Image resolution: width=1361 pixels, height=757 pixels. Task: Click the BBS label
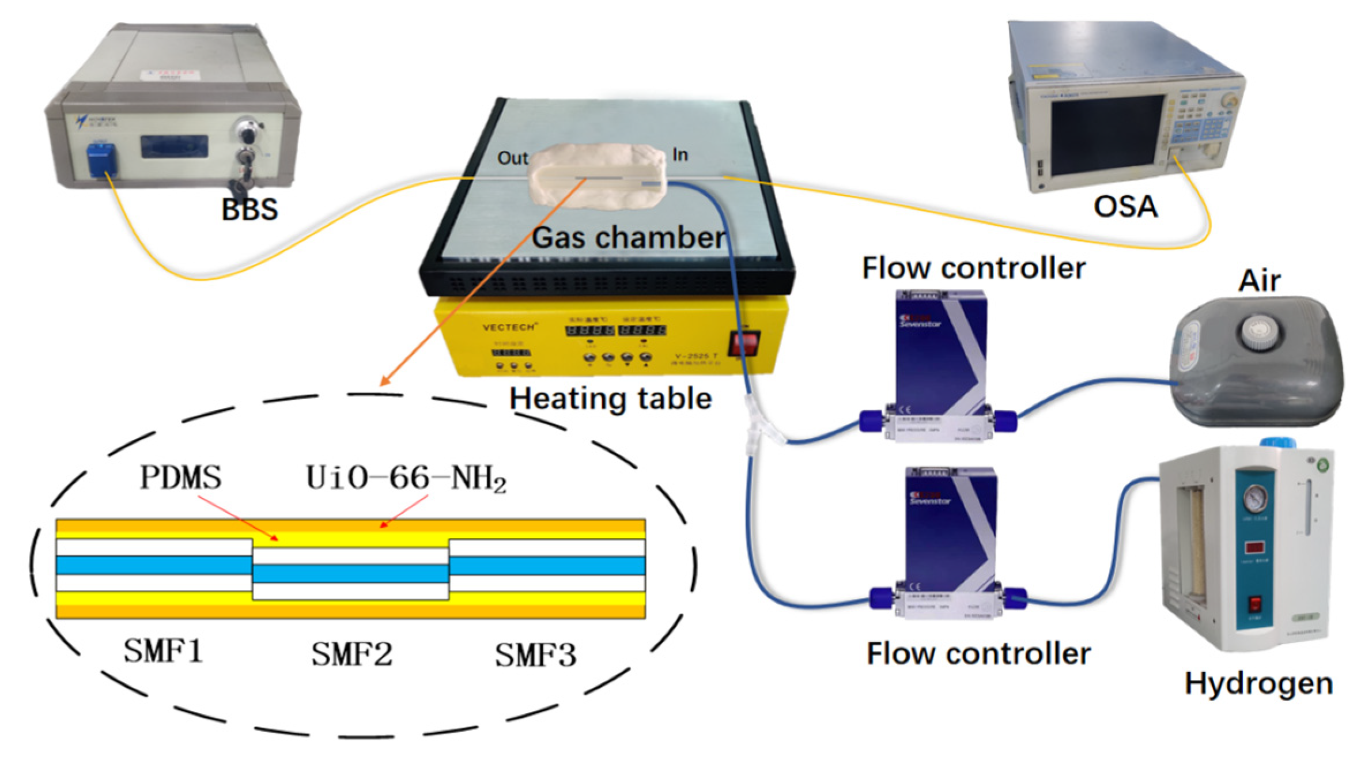coord(249,209)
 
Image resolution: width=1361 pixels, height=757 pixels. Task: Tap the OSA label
coord(1125,206)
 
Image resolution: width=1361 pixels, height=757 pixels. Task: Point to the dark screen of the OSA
coord(1106,136)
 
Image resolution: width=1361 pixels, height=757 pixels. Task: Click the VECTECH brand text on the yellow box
coord(509,327)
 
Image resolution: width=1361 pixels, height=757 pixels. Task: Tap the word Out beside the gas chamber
coord(512,158)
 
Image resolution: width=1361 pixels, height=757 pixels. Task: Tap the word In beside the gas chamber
coord(680,154)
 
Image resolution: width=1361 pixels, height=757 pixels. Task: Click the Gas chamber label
coord(628,237)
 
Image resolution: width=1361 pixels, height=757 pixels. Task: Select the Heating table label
coord(611,399)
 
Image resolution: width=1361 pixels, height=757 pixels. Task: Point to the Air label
coord(1259,281)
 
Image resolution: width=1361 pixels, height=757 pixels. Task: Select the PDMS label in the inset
coord(180,477)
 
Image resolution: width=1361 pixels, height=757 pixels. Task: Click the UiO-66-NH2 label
coord(406,478)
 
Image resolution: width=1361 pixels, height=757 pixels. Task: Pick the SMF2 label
coord(351,654)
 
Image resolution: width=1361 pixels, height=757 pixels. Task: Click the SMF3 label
coord(535,656)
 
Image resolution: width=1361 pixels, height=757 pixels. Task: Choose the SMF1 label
coord(163,652)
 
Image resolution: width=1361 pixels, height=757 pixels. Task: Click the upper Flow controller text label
coord(973,268)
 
